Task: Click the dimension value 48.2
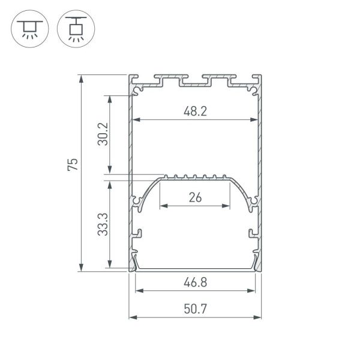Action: point(196,111)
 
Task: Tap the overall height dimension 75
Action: point(72,165)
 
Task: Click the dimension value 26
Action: point(195,197)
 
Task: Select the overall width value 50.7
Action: point(196,309)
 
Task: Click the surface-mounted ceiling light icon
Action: point(28,28)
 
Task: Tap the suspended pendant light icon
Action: point(75,28)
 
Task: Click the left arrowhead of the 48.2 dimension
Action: point(136,120)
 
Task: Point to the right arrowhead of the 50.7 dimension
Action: point(259,317)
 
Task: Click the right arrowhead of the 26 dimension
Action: point(227,206)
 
